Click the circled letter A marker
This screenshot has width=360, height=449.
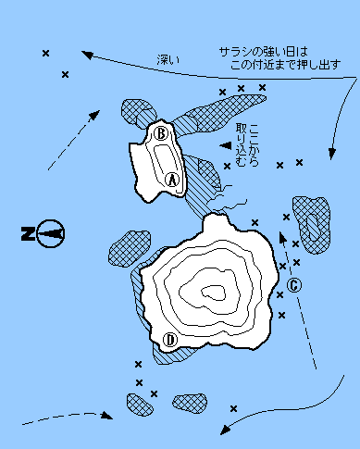point(172,180)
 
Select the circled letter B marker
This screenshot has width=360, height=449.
point(161,133)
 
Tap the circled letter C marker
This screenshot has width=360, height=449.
point(294,285)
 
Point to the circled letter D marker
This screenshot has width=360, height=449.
point(170,340)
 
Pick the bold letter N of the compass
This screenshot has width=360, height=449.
point(28,233)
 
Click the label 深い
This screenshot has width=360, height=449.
point(168,59)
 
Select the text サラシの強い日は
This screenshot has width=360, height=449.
point(264,52)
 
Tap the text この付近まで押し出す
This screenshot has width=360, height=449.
point(286,65)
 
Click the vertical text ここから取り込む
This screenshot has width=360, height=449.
point(247,145)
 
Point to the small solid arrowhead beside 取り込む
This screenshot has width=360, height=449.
point(226,145)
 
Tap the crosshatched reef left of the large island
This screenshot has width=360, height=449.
point(129,248)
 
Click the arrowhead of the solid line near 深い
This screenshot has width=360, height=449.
point(87,55)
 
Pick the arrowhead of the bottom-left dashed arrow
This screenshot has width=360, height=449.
point(107,415)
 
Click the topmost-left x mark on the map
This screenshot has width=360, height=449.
point(45,54)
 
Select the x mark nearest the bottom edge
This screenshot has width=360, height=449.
point(233,409)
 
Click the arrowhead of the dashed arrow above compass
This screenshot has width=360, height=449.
point(94,115)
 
